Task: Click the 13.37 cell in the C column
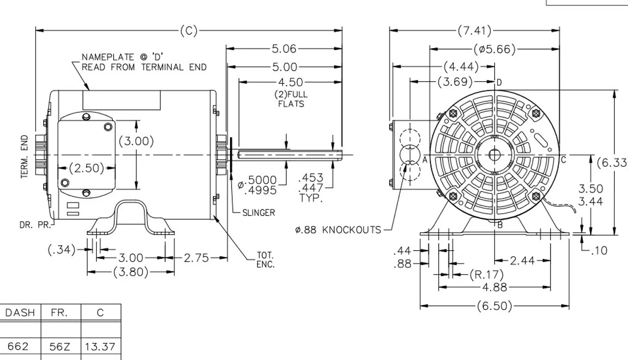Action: pyautogui.click(x=100, y=347)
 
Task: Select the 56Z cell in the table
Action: pyautogui.click(x=60, y=347)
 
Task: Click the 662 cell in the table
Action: pyautogui.click(x=18, y=347)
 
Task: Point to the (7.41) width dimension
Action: pyautogui.click(x=474, y=31)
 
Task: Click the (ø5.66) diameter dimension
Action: pyautogui.click(x=495, y=49)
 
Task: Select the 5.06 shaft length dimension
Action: pyautogui.click(x=284, y=49)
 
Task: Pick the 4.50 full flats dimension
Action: pyautogui.click(x=290, y=82)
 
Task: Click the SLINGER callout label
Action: pyautogui.click(x=259, y=213)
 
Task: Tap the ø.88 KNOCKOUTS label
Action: pyautogui.click(x=338, y=230)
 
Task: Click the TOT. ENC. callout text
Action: pyautogui.click(x=265, y=260)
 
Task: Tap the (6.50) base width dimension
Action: pyautogui.click(x=495, y=307)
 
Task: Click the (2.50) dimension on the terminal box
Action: pyautogui.click(x=86, y=168)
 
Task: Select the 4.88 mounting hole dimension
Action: pyautogui.click(x=495, y=287)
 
